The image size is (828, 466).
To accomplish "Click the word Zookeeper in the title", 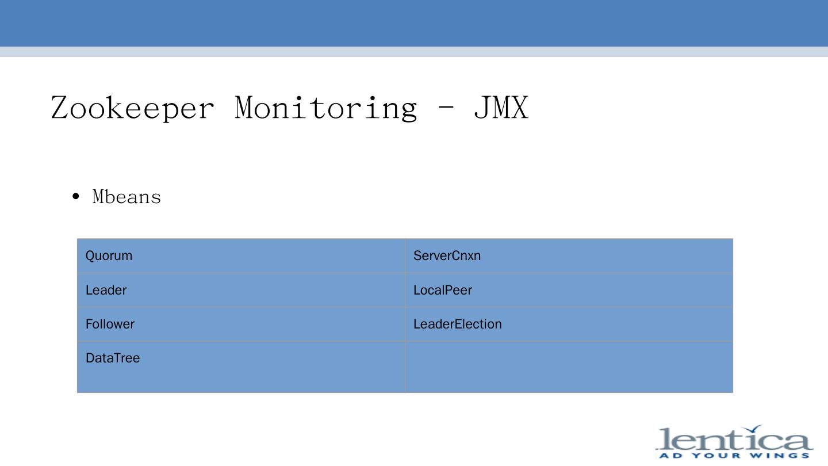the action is pos(132,108).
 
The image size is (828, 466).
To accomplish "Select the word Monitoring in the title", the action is pos(325,108).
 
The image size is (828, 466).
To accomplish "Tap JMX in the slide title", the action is pos(500,108).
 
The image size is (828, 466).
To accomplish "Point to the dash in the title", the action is pos(444,108).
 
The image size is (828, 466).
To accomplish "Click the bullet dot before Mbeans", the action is pos(76,197).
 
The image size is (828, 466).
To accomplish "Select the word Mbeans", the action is pos(126,197).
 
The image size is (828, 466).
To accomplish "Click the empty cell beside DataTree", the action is pos(569,366).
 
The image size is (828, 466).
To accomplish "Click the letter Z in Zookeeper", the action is pos(61,108).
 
